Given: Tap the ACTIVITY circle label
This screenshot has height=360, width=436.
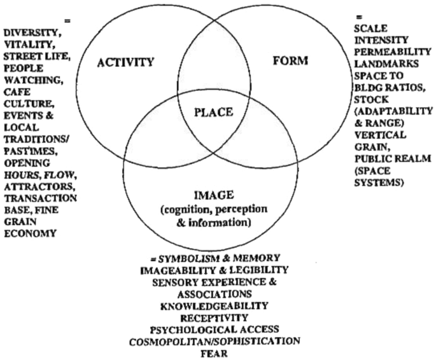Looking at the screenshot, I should point(126,62).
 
